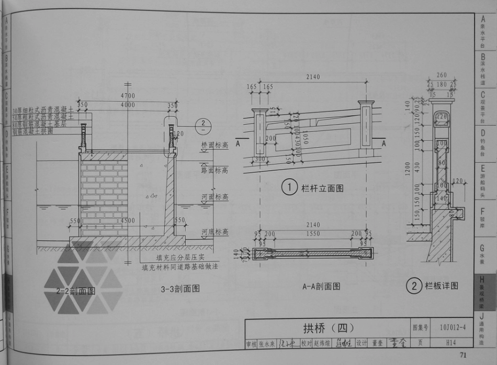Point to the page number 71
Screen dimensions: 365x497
462,356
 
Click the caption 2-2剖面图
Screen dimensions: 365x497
76,291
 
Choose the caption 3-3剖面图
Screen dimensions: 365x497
180,289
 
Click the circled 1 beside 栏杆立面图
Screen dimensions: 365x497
289,187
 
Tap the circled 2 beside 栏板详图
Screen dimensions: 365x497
414,286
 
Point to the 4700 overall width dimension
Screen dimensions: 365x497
128,96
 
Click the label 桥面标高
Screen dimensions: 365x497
215,145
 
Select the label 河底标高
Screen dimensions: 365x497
215,232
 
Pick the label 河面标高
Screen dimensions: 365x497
215,197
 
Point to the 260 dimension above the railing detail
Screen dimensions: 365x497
442,75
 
